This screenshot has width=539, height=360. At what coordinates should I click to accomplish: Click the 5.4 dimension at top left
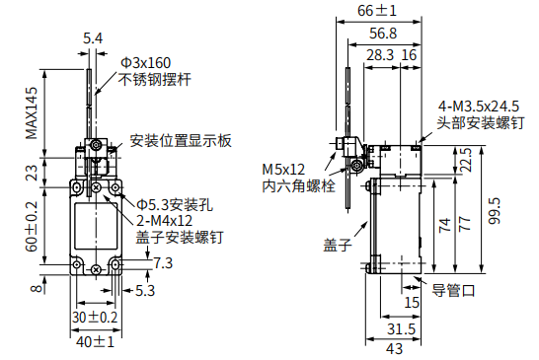93,38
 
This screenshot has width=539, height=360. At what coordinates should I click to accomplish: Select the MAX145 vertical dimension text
32,113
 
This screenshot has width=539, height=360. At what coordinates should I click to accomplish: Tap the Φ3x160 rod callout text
145,63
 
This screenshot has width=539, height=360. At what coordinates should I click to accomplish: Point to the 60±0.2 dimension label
32,227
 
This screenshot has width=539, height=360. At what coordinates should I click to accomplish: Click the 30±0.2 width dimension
95,317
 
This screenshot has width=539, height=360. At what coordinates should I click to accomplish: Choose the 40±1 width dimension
95,342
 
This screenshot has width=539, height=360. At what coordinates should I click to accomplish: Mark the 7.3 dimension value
163,263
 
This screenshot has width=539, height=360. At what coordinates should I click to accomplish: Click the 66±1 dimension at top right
377,10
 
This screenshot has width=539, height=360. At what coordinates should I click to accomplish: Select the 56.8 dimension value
383,34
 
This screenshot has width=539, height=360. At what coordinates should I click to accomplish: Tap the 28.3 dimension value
380,55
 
